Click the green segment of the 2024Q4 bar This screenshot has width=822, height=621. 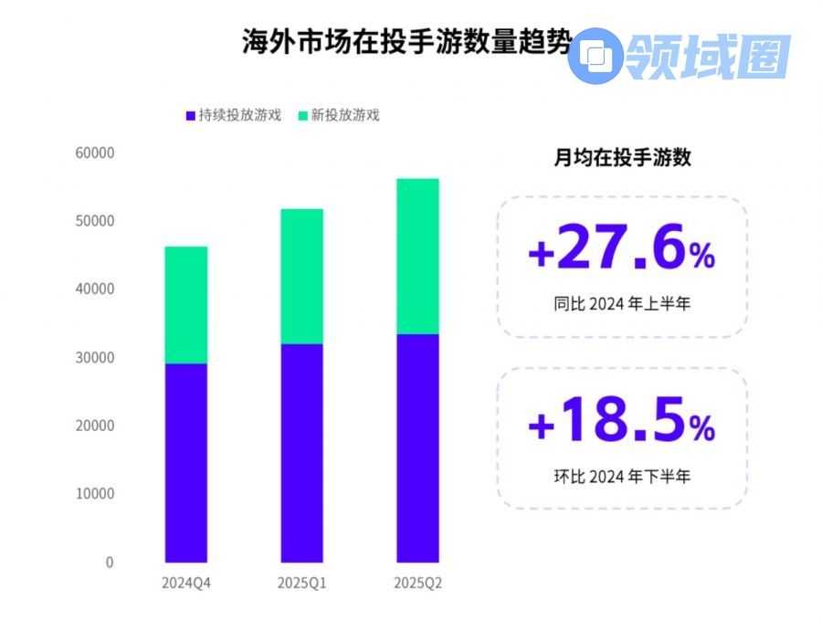185,305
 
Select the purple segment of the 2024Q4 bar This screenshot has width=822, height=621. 185,462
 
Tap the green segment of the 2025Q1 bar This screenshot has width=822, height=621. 301,276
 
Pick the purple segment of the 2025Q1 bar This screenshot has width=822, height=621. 301,452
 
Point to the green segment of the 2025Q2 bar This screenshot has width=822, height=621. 417,256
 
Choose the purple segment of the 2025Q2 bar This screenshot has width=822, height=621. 417,447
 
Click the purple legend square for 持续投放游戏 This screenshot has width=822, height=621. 190,116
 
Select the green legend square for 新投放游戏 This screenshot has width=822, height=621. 303,116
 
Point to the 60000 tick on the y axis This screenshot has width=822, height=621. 94,153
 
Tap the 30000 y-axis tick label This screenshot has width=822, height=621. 94,358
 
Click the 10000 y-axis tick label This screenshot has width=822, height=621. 94,494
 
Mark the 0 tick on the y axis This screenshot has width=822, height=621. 110,563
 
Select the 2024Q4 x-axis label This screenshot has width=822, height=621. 185,583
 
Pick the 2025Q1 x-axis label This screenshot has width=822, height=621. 301,583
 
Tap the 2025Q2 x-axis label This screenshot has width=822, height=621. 417,583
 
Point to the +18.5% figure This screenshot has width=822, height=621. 621,422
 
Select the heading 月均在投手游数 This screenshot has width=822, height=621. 623,157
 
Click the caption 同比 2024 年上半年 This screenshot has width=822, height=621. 622,304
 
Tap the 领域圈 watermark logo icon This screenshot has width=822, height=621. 595,56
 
